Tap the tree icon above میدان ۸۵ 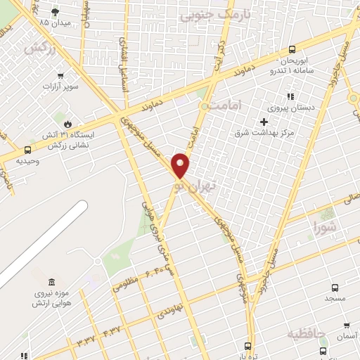(56, 12)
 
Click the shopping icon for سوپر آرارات (62, 76)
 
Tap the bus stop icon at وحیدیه (27, 150)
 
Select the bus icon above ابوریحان (292, 49)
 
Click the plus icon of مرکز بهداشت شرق (264, 122)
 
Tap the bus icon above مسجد (334, 288)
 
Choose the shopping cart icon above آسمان (346, 326)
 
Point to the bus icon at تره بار (247, 345)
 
